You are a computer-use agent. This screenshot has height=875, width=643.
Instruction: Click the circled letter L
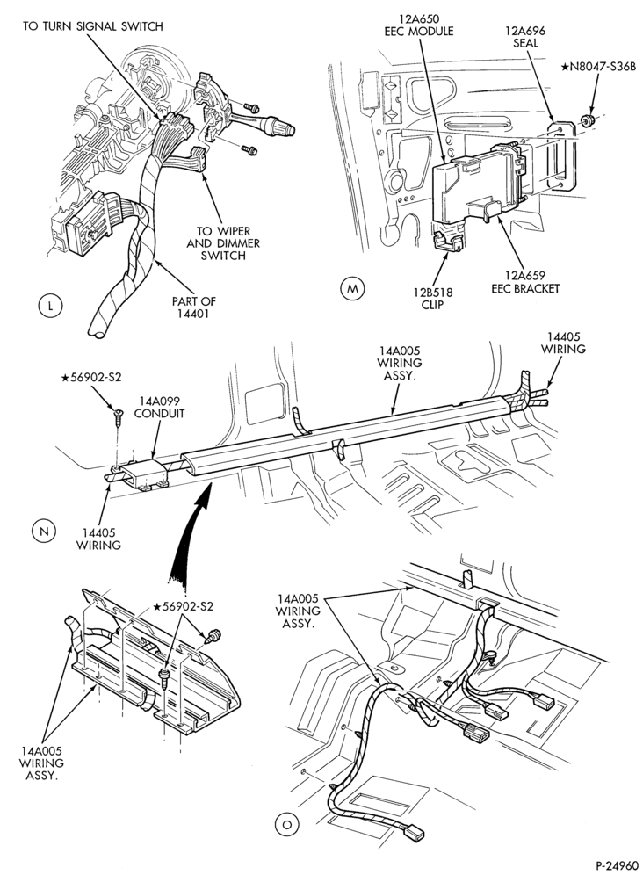pyautogui.click(x=51, y=305)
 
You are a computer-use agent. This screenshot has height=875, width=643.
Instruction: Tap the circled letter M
pyautogui.click(x=351, y=288)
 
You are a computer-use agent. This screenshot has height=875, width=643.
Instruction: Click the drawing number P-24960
pyautogui.click(x=616, y=865)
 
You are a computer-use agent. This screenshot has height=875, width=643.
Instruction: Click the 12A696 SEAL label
pyautogui.click(x=525, y=37)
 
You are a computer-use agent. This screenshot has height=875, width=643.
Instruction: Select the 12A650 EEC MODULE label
pyautogui.click(x=419, y=25)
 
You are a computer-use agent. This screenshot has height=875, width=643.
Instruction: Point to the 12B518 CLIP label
pyautogui.click(x=432, y=299)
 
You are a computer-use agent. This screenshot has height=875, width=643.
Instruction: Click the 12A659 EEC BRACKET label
pyautogui.click(x=524, y=282)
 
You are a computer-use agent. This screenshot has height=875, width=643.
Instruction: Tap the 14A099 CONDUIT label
pyautogui.click(x=159, y=408)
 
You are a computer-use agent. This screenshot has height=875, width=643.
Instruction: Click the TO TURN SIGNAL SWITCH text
pyautogui.click(x=92, y=26)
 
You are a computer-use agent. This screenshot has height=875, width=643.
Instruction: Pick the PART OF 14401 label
pyautogui.click(x=193, y=307)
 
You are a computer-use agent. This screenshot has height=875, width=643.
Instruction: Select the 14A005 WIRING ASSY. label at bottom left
pyautogui.click(x=42, y=763)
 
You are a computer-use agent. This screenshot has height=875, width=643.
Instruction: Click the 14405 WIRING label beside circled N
pyautogui.click(x=98, y=539)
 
